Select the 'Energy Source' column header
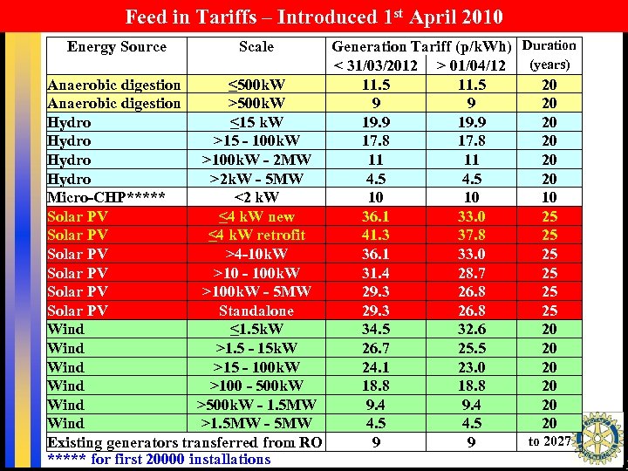tap(116, 46)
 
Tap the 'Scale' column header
tap(256, 47)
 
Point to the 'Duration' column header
tap(549, 45)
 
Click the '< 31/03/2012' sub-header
tap(376, 66)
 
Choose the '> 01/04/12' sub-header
tap(471, 66)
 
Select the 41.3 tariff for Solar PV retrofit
tap(375, 235)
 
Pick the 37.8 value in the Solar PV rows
tap(471, 235)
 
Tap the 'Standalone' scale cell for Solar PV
tap(256, 311)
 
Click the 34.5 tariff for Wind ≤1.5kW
tap(375, 330)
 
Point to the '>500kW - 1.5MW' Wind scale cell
tap(256, 405)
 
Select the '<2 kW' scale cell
tap(256, 198)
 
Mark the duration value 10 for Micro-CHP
tap(549, 198)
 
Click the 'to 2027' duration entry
tap(549, 441)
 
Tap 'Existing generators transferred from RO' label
tap(184, 442)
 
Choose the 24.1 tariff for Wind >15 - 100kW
tap(375, 367)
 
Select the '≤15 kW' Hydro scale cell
tap(256, 122)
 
